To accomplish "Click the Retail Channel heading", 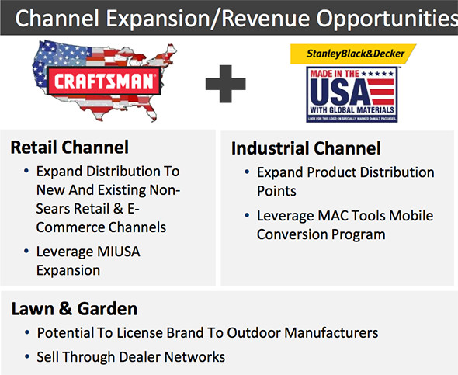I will click(x=70, y=147).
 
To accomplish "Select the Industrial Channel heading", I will click(x=307, y=148).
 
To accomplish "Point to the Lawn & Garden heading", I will click(x=75, y=309).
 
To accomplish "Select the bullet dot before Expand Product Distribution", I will click(x=246, y=172).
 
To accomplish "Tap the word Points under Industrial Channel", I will click(x=277, y=191).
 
